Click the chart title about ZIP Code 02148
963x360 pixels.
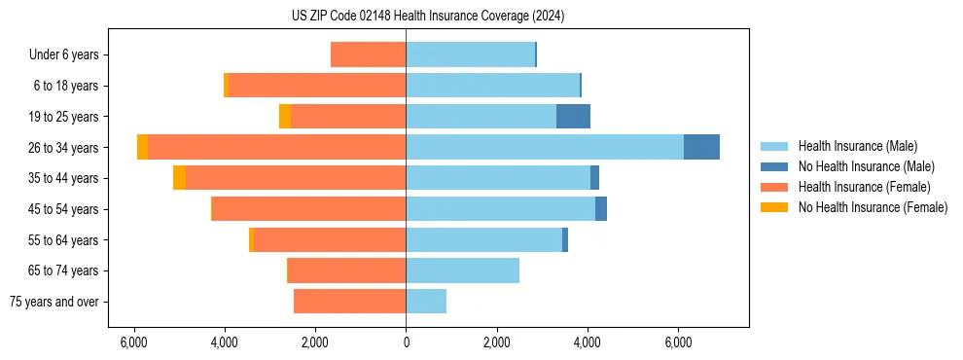pyautogui.click(x=427, y=17)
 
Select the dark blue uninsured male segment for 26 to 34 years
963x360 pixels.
pyautogui.click(x=701, y=147)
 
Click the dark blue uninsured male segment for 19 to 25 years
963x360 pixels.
pyautogui.click(x=573, y=117)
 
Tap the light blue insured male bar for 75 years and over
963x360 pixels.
pyautogui.click(x=426, y=302)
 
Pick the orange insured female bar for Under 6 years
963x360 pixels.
pyautogui.click(x=368, y=54)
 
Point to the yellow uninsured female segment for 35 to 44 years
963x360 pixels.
pyautogui.click(x=179, y=178)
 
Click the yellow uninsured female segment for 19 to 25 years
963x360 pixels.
pyautogui.click(x=285, y=117)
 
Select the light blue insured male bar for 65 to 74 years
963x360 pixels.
pyautogui.click(x=462, y=270)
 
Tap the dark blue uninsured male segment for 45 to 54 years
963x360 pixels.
pyautogui.click(x=601, y=209)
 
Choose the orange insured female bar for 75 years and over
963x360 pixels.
pyautogui.click(x=349, y=302)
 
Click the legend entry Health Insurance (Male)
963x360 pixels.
pyautogui.click(x=856, y=146)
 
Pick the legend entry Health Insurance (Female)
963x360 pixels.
pyautogui.click(x=862, y=187)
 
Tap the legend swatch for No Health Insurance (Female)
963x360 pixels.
pyautogui.click(x=775, y=207)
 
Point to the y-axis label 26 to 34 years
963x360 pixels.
pyautogui.click(x=64, y=148)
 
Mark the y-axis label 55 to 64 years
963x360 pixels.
pyautogui.click(x=64, y=240)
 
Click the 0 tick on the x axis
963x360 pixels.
pyautogui.click(x=406, y=342)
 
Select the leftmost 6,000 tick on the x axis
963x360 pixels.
pyautogui.click(x=133, y=342)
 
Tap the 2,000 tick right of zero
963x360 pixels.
pyautogui.click(x=496, y=342)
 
